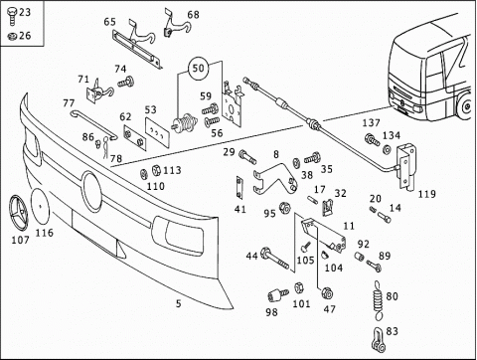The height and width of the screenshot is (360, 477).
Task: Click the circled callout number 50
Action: tap(199, 69)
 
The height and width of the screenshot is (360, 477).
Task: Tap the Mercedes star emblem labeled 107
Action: tap(19, 211)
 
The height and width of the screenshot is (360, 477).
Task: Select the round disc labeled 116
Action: tap(40, 206)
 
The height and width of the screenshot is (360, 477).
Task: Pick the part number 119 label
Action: tap(427, 194)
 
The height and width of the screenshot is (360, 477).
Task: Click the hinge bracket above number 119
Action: tap(406, 167)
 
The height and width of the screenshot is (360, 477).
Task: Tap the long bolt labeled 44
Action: tap(275, 259)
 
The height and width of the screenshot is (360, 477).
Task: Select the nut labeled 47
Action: tap(327, 293)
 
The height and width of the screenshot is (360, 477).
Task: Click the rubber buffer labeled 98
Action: tap(277, 295)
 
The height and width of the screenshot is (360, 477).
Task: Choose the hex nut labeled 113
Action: tap(156, 170)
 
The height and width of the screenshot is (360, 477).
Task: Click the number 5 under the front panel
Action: tap(179, 303)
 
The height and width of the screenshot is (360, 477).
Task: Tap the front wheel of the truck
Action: tap(467, 106)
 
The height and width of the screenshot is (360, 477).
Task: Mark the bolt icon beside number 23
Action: tap(12, 16)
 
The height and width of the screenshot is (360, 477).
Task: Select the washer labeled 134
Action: tap(387, 149)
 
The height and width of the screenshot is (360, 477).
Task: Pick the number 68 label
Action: tap(193, 15)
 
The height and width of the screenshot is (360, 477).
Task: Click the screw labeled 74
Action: tap(126, 82)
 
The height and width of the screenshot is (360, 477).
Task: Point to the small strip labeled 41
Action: tap(239, 187)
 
